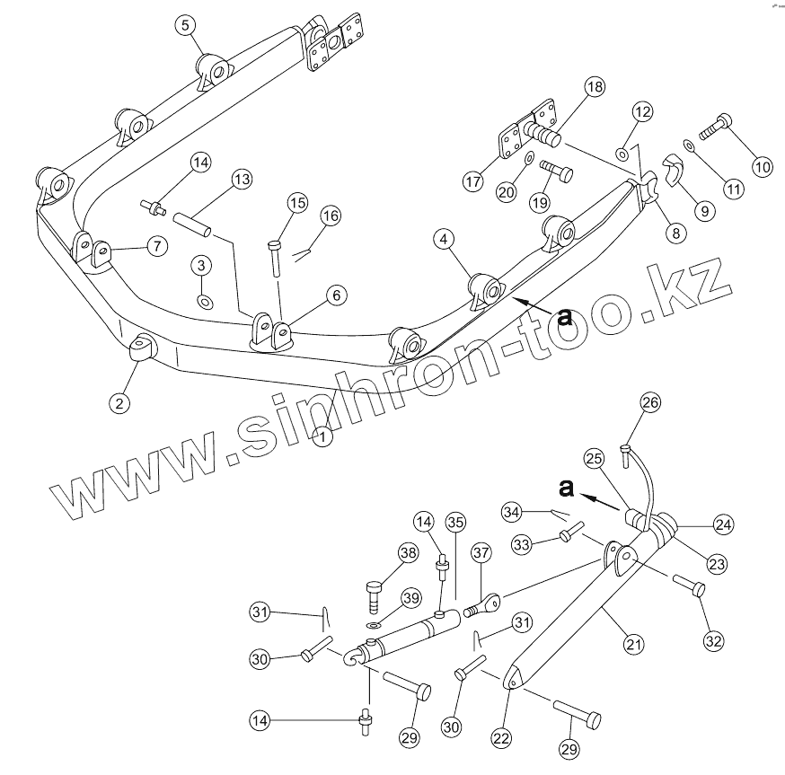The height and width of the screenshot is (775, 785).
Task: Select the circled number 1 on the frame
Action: [x=321, y=437]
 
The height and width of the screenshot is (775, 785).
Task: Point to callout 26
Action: [x=650, y=403]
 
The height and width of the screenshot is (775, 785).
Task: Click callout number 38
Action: [x=408, y=554]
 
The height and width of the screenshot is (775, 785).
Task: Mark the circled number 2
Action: [x=120, y=402]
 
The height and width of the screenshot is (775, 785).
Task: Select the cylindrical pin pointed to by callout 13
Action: [x=192, y=224]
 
